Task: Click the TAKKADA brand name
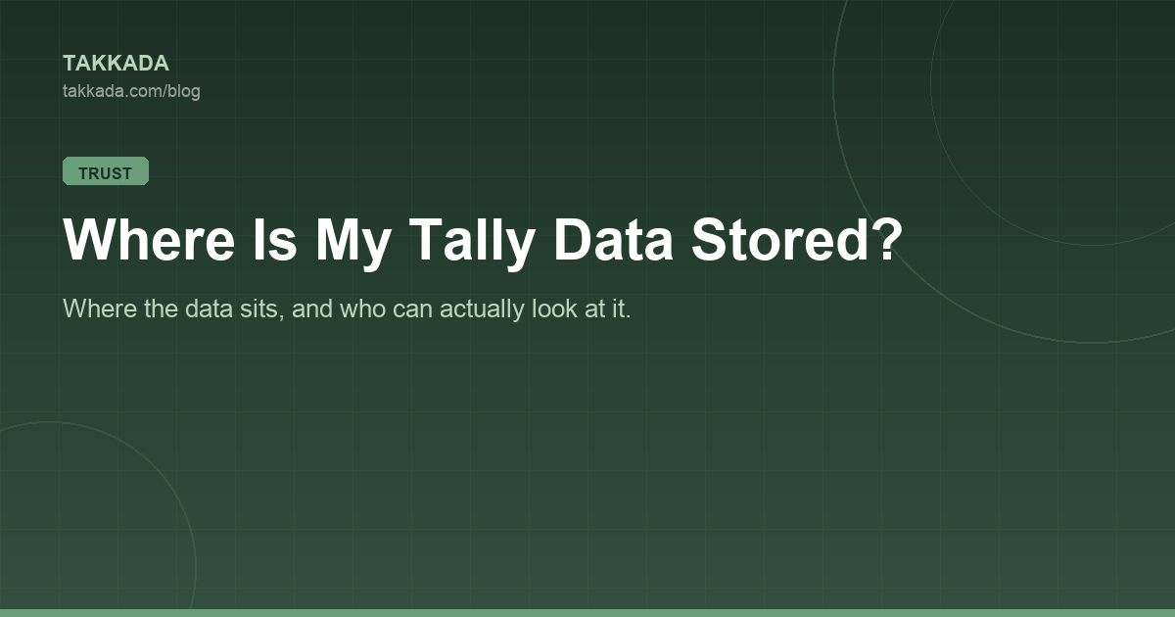click(x=116, y=63)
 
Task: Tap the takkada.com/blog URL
click(x=131, y=91)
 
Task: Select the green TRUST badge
click(x=106, y=171)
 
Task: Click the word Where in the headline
click(x=149, y=239)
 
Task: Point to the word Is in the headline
click(x=275, y=239)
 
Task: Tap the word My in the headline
click(x=353, y=244)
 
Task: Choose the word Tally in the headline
click(x=472, y=244)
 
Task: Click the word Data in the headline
click(x=613, y=239)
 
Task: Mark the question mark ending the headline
click(x=886, y=239)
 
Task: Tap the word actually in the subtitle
click(x=482, y=310)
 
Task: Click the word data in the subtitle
click(x=209, y=308)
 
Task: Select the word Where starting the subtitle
click(x=100, y=308)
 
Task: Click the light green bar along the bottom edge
click(x=587, y=613)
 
